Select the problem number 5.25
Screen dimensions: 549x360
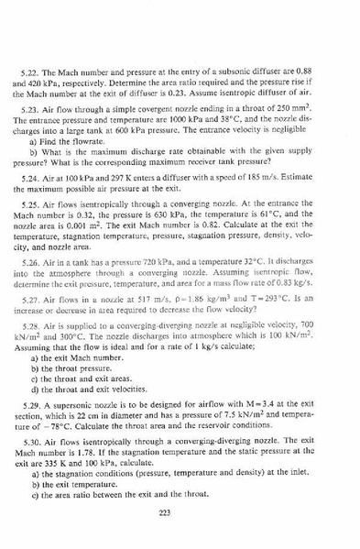40,195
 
